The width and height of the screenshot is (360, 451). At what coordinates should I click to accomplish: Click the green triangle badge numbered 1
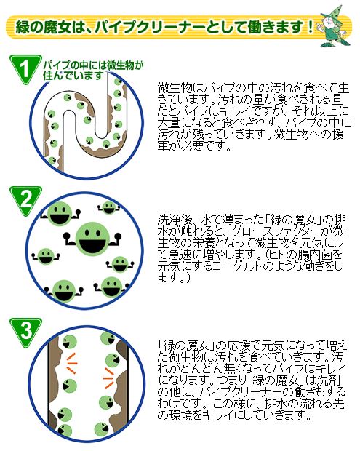point(25,68)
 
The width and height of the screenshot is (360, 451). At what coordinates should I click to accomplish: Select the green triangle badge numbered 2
point(25,200)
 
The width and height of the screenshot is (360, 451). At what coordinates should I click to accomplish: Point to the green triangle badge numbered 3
point(26,332)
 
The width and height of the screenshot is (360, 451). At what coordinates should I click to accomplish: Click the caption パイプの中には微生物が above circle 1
point(93,65)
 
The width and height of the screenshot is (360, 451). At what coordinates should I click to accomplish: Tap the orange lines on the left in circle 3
point(71,363)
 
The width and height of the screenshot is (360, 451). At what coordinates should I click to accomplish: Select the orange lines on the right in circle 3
point(108,378)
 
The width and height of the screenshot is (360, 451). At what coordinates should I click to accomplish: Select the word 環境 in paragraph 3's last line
point(180,415)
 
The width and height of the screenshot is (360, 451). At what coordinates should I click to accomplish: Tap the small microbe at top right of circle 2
point(108,207)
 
